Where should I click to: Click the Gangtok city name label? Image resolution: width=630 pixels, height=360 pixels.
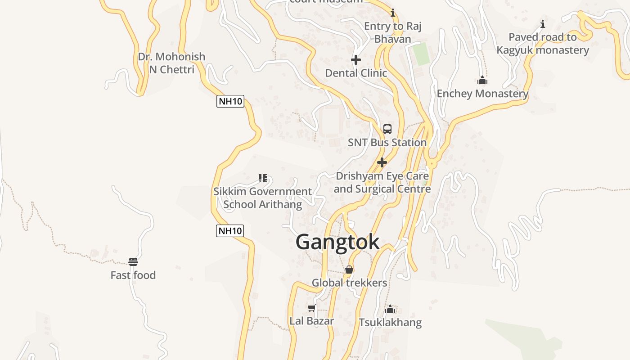337,243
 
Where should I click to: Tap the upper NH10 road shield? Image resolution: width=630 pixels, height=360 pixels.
230,101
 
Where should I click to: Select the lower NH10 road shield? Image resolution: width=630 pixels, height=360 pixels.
230,231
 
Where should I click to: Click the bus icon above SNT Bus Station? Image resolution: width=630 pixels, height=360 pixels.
387,129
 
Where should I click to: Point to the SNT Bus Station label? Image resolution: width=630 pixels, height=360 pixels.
387,143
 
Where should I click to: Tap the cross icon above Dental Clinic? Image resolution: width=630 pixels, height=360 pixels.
355,60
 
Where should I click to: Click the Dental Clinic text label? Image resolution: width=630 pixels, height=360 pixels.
355,73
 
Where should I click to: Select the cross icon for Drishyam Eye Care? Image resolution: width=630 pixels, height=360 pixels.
382,162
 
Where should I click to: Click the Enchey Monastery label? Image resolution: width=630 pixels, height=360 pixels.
482,94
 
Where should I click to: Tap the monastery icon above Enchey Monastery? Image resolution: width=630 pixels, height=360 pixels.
482,81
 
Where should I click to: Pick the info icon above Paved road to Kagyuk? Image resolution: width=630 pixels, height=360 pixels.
543,24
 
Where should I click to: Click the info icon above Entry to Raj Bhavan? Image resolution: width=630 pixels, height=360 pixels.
393,13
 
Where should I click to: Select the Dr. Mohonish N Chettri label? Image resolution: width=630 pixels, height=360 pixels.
171,63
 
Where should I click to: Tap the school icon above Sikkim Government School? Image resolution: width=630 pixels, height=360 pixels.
263,178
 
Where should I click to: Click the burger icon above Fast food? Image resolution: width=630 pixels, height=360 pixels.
133,262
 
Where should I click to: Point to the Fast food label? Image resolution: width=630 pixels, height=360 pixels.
133,275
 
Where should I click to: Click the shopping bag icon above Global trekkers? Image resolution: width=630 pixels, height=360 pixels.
349,270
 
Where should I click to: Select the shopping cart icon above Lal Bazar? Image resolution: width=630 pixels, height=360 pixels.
311,308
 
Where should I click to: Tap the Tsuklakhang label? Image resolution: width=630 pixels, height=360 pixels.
390,323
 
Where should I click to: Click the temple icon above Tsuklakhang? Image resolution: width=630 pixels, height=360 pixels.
390,309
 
